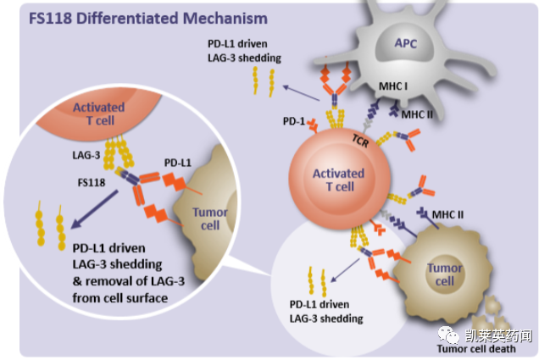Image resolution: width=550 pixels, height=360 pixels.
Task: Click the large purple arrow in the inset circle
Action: coord(95,208)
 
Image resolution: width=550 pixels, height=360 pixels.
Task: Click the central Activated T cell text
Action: coord(338,180)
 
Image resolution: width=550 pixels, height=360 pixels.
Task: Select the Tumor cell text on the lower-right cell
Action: coord(445,274)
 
